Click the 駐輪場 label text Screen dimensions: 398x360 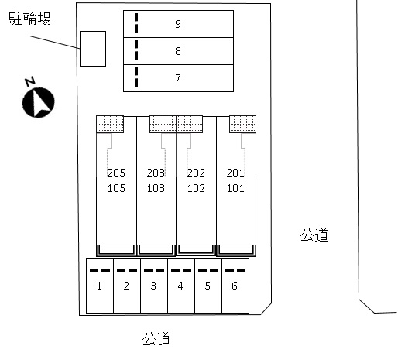pyautogui.click(x=29, y=19)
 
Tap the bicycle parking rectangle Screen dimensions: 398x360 pyautogui.click(x=93, y=49)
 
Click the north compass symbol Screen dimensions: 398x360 pyautogui.click(x=39, y=102)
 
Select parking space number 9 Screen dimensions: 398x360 pyautogui.click(x=178, y=24)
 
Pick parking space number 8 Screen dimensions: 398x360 pyautogui.click(x=178, y=51)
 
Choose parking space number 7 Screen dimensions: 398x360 pyautogui.click(x=178, y=78)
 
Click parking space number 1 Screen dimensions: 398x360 pyautogui.click(x=100, y=286)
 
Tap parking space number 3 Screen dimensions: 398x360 pyautogui.click(x=154, y=286)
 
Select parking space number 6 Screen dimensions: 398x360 pyautogui.click(x=235, y=286)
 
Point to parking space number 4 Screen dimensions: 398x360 pyautogui.click(x=181, y=286)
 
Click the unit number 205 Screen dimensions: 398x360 pyautogui.click(x=116, y=173)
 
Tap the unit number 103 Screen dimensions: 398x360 pyautogui.click(x=156, y=188)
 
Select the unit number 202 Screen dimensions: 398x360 pyautogui.click(x=196, y=173)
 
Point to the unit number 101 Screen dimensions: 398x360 pyautogui.click(x=235, y=188)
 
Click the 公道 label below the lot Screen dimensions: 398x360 pyautogui.click(x=156, y=338)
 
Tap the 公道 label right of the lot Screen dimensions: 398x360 pyautogui.click(x=314, y=235)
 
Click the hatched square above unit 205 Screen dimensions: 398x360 pyautogui.click(x=110, y=124)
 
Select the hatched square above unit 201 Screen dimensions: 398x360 pyautogui.click(x=242, y=124)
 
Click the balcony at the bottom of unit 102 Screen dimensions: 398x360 pyautogui.click(x=196, y=250)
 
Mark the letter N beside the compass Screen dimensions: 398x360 pyautogui.click(x=30, y=81)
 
